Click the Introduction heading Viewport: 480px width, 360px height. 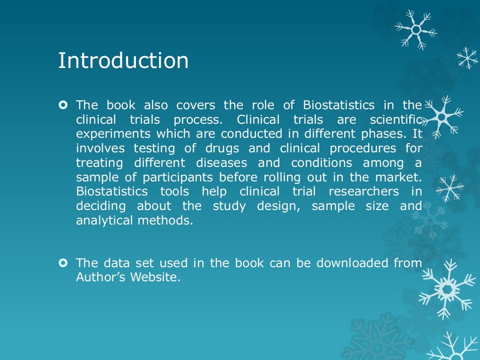(123, 61)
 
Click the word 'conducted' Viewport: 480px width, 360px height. (248, 134)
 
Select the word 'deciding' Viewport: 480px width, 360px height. (101, 206)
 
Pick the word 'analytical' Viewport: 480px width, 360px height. (105, 221)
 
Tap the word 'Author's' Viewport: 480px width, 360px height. (101, 277)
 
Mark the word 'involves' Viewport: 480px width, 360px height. (101, 148)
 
